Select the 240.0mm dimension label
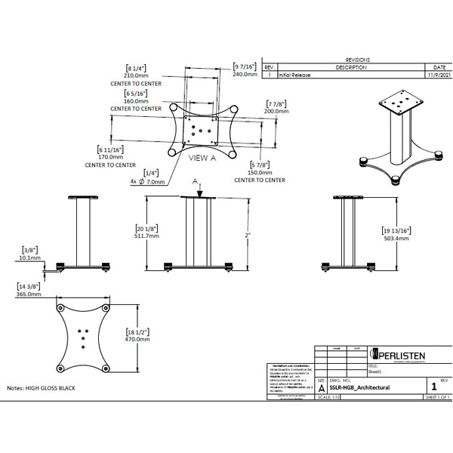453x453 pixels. pyautogui.click(x=246, y=75)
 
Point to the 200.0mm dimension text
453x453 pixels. pyautogui.click(x=277, y=110)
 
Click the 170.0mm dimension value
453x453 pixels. pyautogui.click(x=110, y=157)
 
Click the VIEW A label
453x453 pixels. pyautogui.click(x=202, y=158)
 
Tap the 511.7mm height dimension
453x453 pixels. pyautogui.click(x=146, y=236)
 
